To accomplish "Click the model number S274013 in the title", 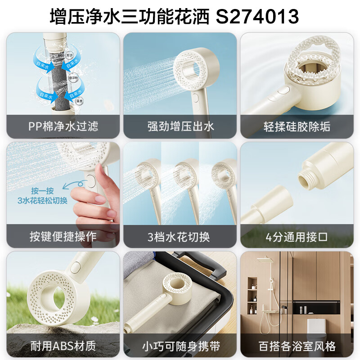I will coord(257,17).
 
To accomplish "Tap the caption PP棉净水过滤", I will coord(63,126).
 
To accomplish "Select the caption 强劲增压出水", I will coord(180,126).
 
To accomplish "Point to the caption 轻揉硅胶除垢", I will coord(297,126).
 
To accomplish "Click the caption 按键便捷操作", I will coord(63,236).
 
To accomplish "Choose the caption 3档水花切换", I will coord(180,236).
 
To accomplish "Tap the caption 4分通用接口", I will coord(297,236).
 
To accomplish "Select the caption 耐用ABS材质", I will coord(63,346).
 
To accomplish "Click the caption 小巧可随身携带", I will coord(180,346).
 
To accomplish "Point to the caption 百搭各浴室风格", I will coord(297,346).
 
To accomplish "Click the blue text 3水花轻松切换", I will coord(42,201).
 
